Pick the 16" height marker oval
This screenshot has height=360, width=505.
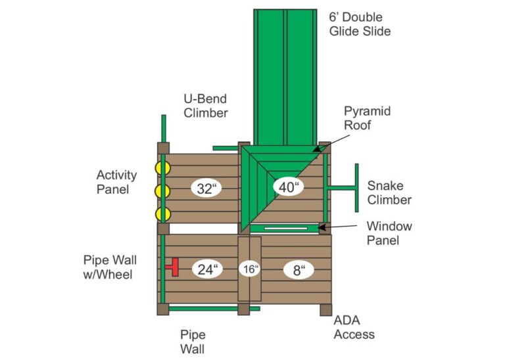pos(249,269)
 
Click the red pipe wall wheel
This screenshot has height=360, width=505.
pos(173,267)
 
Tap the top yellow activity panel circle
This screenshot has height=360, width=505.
pos(162,168)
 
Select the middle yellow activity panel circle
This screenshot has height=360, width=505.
pos(162,191)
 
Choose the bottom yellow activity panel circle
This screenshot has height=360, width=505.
pos(162,214)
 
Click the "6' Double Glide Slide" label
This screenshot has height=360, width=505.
pos(360,24)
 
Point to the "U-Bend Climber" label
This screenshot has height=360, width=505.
pos(205,106)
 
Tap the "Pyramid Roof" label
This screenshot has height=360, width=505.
pos(367,118)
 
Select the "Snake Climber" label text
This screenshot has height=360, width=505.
pos(389,192)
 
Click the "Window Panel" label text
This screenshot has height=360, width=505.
pos(389,233)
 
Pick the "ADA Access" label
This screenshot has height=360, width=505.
pos(354,327)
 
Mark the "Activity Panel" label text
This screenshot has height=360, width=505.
pos(116,182)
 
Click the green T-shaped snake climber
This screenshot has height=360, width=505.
pos(347,189)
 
